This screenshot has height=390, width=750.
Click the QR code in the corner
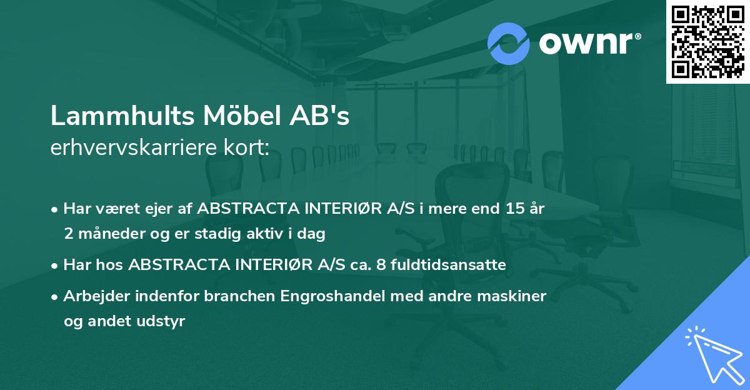coord(707,42)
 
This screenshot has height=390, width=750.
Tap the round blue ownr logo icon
coord(509,43)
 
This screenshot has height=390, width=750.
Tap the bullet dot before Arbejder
coord(56,297)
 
